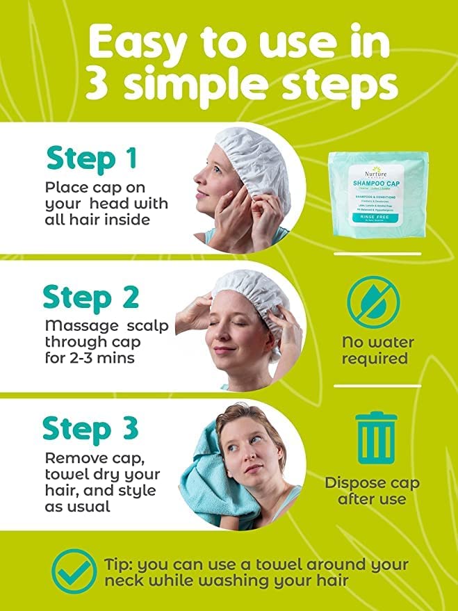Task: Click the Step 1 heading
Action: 91,158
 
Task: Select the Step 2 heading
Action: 91,297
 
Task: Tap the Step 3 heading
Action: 91,429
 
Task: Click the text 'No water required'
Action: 377,350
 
